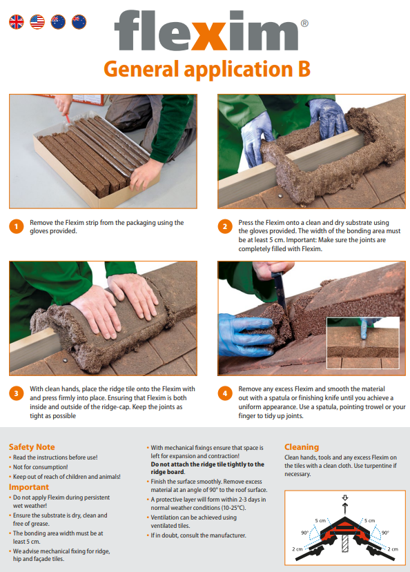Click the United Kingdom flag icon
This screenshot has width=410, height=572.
pyautogui.click(x=17, y=22)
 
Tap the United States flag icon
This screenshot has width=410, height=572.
pyautogui.click(x=37, y=22)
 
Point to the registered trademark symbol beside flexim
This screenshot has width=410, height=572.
pyautogui.click(x=304, y=23)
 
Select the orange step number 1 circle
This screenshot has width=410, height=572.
pyautogui.click(x=16, y=226)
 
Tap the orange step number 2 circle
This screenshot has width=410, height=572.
pyautogui.click(x=225, y=226)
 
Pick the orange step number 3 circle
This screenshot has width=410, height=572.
pyautogui.click(x=16, y=393)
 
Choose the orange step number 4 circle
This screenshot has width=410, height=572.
pyautogui.click(x=225, y=393)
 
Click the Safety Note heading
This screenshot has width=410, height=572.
pyautogui.click(x=32, y=447)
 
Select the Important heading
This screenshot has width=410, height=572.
pyautogui.click(x=29, y=487)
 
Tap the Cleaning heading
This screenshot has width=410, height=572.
pyautogui.click(x=302, y=447)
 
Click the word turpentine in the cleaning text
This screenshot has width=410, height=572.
pyautogui.click(x=378, y=466)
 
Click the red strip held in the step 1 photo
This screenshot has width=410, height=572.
pyautogui.click(x=67, y=119)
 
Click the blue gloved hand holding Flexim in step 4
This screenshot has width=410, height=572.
pyautogui.click(x=247, y=335)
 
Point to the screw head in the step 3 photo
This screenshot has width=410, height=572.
pyautogui.click(x=65, y=360)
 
